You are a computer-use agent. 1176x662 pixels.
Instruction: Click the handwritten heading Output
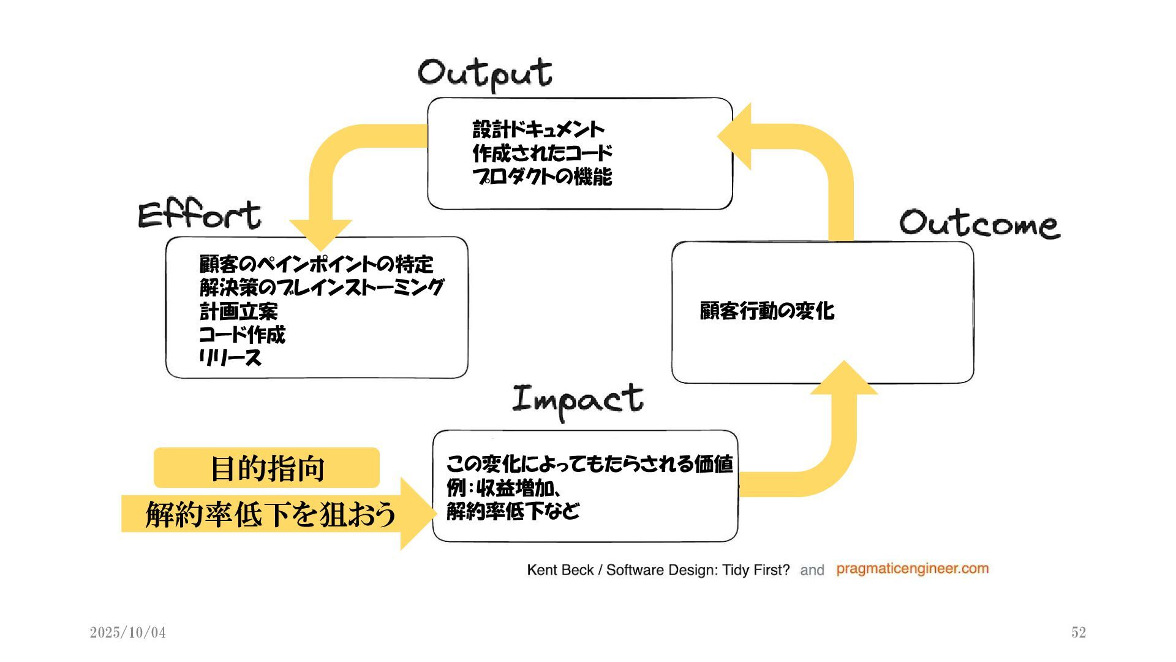(x=485, y=74)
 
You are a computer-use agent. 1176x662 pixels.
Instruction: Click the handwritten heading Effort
(x=200, y=215)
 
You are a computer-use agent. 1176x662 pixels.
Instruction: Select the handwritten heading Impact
(x=578, y=400)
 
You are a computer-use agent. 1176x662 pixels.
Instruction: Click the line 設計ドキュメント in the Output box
(x=538, y=129)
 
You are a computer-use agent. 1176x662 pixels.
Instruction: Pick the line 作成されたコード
(x=542, y=153)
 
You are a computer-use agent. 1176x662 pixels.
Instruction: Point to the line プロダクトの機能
(x=542, y=177)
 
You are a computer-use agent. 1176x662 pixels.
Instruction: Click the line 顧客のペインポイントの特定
(x=316, y=264)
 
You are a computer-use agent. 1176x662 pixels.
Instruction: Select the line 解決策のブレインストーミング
(x=322, y=287)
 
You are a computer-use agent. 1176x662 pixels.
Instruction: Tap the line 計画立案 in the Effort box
(x=239, y=311)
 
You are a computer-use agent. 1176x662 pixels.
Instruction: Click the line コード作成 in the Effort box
(x=243, y=335)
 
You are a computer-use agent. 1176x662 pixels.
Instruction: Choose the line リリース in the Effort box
(x=230, y=358)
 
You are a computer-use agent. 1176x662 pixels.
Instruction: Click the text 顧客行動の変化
(x=767, y=311)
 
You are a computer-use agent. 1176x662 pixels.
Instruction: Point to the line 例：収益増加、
(x=504, y=488)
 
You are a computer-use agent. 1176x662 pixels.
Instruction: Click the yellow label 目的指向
(x=267, y=468)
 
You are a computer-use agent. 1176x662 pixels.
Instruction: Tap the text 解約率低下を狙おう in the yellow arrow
(x=270, y=514)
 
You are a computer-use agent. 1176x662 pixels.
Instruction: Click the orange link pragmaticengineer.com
(x=912, y=569)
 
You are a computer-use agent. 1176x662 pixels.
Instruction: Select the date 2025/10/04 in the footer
(x=128, y=633)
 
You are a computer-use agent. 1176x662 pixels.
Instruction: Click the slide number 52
(x=1079, y=633)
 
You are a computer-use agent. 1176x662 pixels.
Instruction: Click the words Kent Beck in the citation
(x=560, y=570)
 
